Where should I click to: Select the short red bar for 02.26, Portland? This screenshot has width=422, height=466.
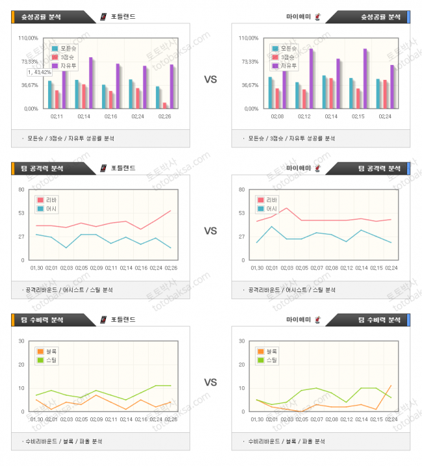pos(164,105)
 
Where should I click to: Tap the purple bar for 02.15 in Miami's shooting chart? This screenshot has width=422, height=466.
pos(365,79)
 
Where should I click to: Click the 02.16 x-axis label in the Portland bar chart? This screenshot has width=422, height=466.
pos(110,116)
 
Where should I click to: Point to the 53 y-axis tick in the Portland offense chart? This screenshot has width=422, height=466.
pos(21,213)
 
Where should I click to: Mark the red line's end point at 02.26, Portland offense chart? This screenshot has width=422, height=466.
pos(171,210)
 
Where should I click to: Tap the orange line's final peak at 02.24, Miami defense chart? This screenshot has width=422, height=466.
pos(391,386)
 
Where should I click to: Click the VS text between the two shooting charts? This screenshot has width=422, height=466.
pos(210,80)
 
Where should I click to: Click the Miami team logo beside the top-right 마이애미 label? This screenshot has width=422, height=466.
pos(317,17)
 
